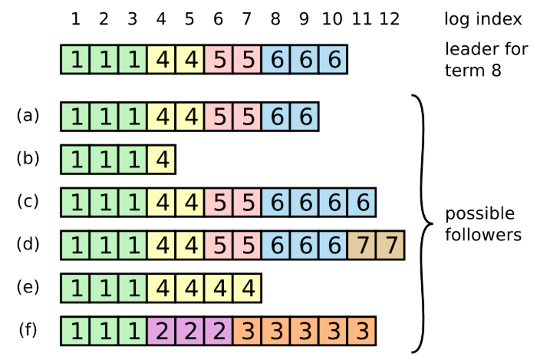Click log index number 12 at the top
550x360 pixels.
[x=389, y=18]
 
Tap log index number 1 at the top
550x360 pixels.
[x=75, y=18]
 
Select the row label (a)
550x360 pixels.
[x=28, y=116]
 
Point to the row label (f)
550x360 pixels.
[x=28, y=330]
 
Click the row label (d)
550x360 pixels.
[x=28, y=245]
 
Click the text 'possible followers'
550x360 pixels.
[x=483, y=223]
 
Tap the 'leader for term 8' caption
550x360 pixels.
[x=486, y=59]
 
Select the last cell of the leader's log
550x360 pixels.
[x=333, y=59]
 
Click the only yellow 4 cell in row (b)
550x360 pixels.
[x=161, y=160]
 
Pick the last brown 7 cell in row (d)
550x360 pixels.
[x=390, y=246]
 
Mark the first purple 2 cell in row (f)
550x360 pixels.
[x=161, y=332]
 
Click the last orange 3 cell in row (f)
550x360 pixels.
[x=361, y=332]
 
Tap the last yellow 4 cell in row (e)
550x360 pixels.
[x=247, y=289]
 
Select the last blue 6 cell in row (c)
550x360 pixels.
[x=361, y=203]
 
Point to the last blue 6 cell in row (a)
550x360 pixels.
[x=305, y=117]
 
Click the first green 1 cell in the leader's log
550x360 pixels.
[x=75, y=59]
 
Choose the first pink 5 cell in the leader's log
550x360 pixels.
[x=218, y=59]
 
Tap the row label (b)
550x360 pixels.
[x=28, y=159]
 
